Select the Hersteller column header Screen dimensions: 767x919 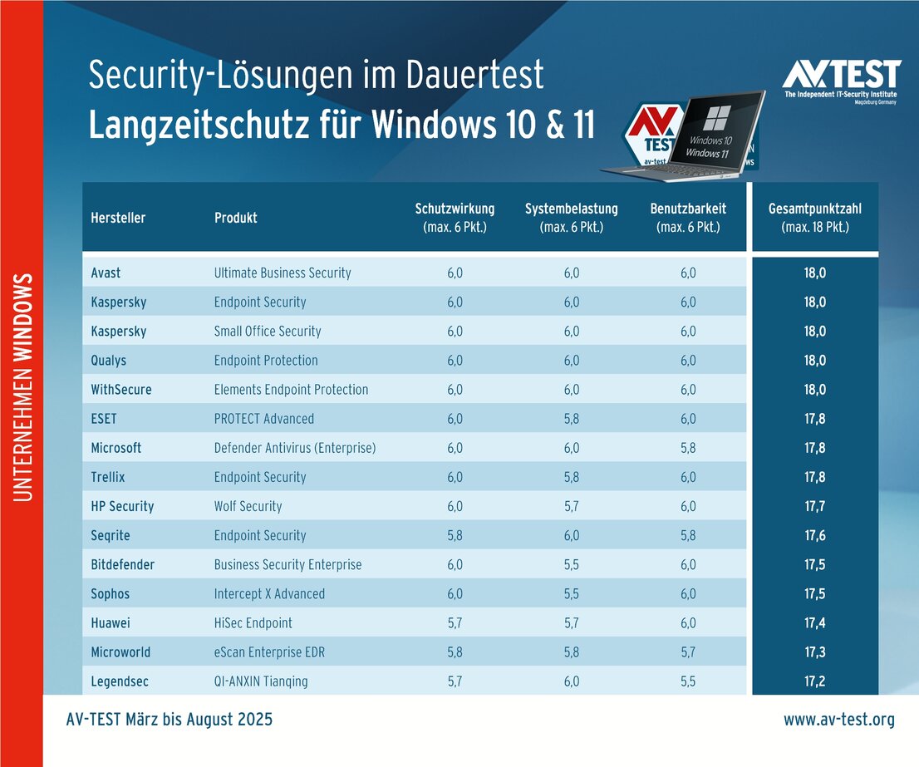(118, 218)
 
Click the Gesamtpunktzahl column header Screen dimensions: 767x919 (815, 218)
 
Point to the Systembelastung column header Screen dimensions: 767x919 (571, 218)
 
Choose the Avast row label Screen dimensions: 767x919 (106, 273)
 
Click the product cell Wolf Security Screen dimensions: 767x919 (248, 506)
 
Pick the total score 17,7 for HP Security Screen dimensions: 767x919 (815, 506)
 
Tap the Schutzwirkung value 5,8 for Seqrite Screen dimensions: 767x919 (455, 535)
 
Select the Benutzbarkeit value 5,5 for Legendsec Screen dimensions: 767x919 (687, 681)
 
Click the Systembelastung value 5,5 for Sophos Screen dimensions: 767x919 (571, 594)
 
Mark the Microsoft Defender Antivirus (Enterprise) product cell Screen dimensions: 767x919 (295, 448)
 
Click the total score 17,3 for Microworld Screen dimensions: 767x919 (815, 652)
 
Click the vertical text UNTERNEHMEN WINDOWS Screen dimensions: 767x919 (23, 386)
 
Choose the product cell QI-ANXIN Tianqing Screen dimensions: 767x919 (261, 681)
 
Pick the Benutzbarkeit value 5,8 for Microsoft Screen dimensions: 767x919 (687, 448)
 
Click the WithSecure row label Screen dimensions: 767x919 (121, 390)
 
